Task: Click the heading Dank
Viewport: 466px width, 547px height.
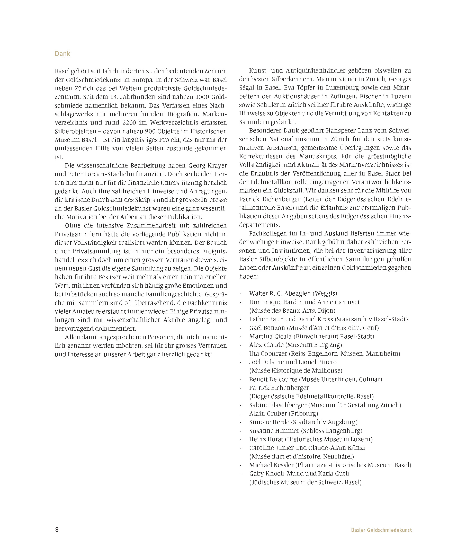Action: pos(62,54)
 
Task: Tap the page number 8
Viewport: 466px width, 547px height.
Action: pos(57,529)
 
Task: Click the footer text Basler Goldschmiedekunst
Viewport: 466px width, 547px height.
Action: pos(381,530)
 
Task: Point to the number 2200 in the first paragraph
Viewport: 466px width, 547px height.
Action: pos(133,122)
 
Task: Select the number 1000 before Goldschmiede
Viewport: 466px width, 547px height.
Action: pos(203,97)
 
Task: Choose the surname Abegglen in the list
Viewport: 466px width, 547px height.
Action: pos(297,294)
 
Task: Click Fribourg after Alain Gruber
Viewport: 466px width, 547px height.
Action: pos(304,414)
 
